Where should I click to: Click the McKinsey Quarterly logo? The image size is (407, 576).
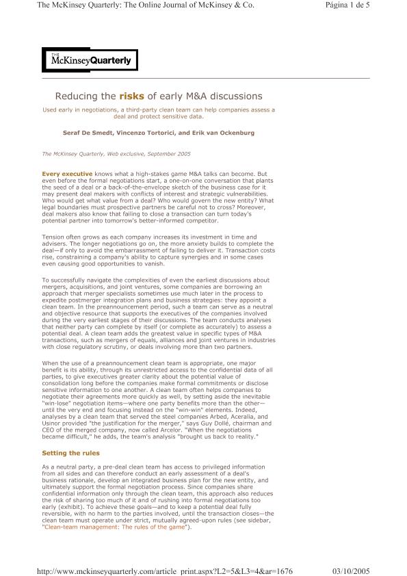click(90, 60)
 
